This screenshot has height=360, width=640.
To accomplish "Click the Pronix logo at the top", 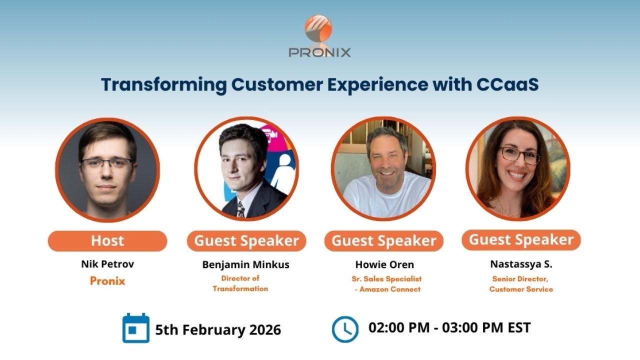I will pyautogui.click(x=319, y=36).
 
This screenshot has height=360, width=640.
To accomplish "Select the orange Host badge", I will pyautogui.click(x=107, y=241).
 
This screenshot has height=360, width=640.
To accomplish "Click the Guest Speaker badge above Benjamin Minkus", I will pyautogui.click(x=246, y=241).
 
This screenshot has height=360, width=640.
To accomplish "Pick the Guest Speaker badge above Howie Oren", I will pyautogui.click(x=383, y=241).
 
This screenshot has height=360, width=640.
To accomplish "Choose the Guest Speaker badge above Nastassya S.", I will pyautogui.click(x=521, y=240).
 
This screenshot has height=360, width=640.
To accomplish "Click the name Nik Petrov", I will pyautogui.click(x=107, y=263).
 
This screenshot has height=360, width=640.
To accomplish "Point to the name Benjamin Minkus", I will pyautogui.click(x=245, y=265).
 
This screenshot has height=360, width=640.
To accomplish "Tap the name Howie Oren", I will pyautogui.click(x=383, y=264).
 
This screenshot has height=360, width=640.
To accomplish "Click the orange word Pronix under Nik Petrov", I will pyautogui.click(x=107, y=281).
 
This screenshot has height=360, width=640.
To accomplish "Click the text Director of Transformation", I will pyautogui.click(x=240, y=283).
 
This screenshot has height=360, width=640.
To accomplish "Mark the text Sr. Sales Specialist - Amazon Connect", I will pyautogui.click(x=386, y=284).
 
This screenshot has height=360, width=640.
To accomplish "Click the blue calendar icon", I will pyautogui.click(x=136, y=328).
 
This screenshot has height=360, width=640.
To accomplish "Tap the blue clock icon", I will pyautogui.click(x=345, y=329).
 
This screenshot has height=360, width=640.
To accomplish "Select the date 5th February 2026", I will pyautogui.click(x=218, y=330).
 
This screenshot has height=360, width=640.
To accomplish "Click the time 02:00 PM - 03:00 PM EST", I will pyautogui.click(x=449, y=328).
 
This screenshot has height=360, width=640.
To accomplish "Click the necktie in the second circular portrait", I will pyautogui.click(x=241, y=209).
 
